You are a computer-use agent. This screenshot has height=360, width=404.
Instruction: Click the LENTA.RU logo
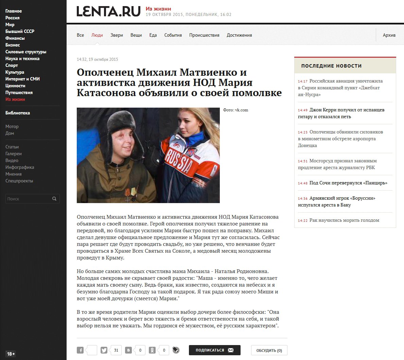pyautogui.click(x=108, y=11)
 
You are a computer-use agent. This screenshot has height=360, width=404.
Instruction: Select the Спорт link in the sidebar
pyautogui.click(x=12, y=65)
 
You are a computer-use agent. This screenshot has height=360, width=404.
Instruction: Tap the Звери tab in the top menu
pyautogui.click(x=117, y=35)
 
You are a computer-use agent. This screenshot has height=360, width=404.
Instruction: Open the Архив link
pyautogui.click(x=389, y=35)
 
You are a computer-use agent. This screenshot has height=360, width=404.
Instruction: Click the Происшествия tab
pyautogui.click(x=204, y=35)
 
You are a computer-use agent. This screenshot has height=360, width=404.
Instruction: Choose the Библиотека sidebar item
pyautogui.click(x=18, y=113)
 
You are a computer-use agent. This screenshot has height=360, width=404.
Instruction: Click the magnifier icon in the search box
pyautogui.click(x=54, y=199)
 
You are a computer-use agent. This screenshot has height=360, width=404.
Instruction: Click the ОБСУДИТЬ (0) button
pyautogui.click(x=269, y=350)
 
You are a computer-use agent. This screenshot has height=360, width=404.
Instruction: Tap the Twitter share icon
pyautogui.click(x=104, y=350)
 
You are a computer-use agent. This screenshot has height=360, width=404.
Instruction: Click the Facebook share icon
pyautogui.click(x=80, y=350)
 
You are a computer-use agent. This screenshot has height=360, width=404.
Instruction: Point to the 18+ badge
pyautogui.click(x=11, y=354)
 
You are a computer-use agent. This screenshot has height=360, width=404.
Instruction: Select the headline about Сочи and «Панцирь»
pyautogui.click(x=348, y=183)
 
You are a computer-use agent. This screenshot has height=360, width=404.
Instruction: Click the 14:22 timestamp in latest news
pyautogui.click(x=302, y=220)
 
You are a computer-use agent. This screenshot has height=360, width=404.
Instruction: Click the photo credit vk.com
pyautogui.click(x=236, y=110)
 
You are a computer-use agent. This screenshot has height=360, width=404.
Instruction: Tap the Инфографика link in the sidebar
pyautogui.click(x=20, y=167)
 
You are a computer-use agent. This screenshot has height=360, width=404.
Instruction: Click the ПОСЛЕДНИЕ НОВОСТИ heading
pyautogui.click(x=331, y=66)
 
